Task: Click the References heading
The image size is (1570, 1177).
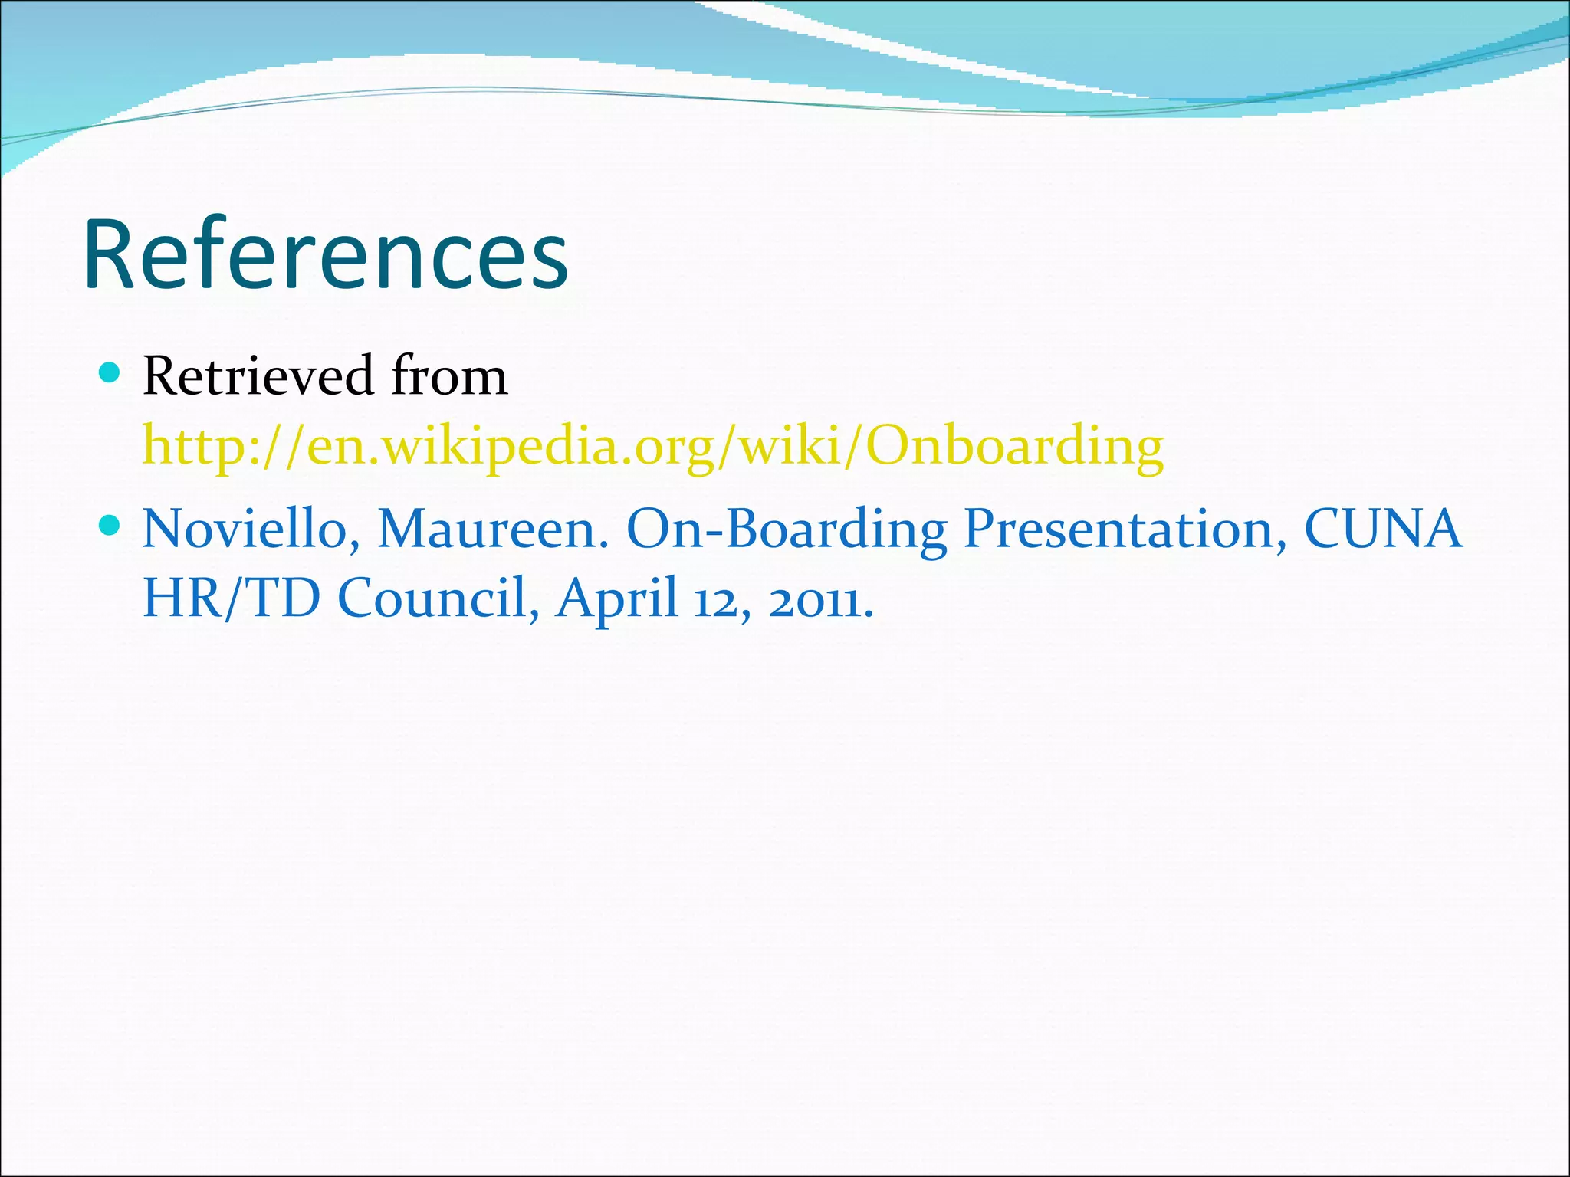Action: [x=326, y=254]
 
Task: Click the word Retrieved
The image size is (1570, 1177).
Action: [x=258, y=376]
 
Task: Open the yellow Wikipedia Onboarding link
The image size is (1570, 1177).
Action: [x=653, y=447]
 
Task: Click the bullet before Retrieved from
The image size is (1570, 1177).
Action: [x=110, y=373]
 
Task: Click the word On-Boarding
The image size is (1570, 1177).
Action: [x=787, y=529]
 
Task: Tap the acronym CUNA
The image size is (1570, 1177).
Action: [x=1383, y=529]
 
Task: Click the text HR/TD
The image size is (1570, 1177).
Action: [x=232, y=598]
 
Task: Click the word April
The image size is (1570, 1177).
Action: [x=617, y=598]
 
